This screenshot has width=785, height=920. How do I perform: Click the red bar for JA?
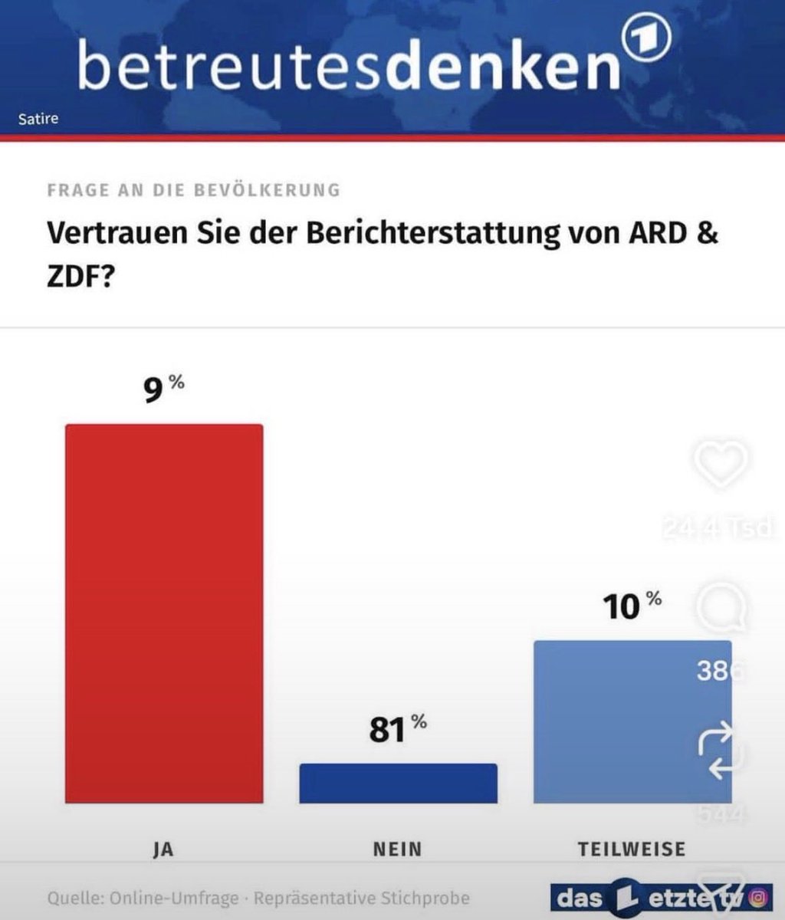coord(164,613)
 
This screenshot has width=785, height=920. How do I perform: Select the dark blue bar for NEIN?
coord(398,784)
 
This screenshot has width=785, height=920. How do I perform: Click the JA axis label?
coord(163,849)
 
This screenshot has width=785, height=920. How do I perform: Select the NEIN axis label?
coord(397,849)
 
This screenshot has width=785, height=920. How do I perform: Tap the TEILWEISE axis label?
coord(631,849)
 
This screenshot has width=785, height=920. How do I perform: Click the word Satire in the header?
coord(38,119)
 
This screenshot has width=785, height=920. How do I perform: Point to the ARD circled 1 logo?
coord(645,40)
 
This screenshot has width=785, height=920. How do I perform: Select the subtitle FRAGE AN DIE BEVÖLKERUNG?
coord(193,189)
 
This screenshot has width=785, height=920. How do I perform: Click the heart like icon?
coord(722,463)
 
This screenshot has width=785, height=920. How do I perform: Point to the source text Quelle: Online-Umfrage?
coord(146,897)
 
